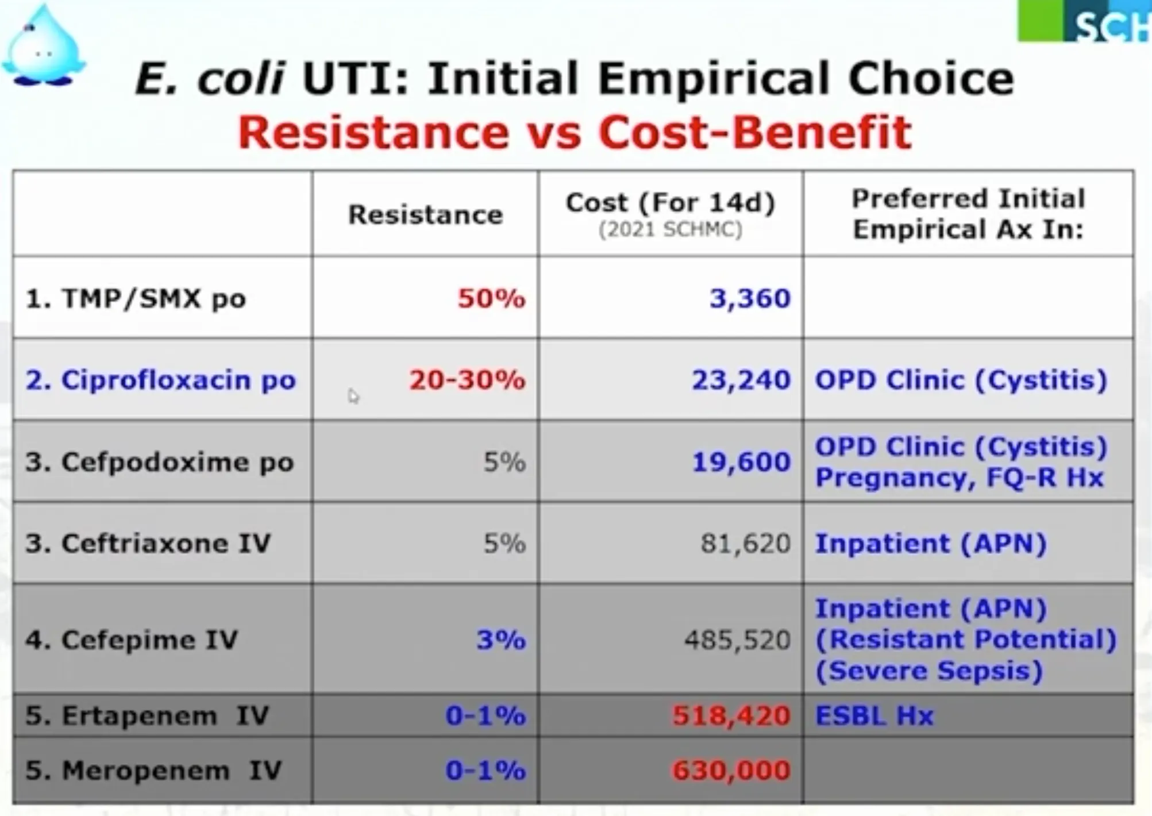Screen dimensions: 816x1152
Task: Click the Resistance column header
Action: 425,215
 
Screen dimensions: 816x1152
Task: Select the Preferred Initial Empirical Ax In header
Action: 968,214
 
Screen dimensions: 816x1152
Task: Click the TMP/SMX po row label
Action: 136,299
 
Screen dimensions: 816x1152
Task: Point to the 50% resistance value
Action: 491,299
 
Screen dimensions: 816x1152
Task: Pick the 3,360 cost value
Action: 750,299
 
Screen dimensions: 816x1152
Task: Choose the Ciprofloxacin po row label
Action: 161,380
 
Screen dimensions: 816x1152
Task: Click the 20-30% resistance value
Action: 467,380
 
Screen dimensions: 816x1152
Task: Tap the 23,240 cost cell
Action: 741,380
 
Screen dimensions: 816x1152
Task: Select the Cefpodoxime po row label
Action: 159,462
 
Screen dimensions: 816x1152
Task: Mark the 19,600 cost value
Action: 741,462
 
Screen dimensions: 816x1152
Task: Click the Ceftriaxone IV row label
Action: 148,544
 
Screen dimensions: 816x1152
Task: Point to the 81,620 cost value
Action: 745,544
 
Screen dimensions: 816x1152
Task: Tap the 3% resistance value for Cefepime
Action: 501,640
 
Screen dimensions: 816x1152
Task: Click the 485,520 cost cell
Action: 737,640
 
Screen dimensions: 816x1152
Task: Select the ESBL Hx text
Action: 874,716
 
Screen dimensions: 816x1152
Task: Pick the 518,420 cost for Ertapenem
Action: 731,716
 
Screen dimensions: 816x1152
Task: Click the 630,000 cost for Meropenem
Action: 731,771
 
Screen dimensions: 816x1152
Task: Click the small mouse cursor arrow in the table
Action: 353,395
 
